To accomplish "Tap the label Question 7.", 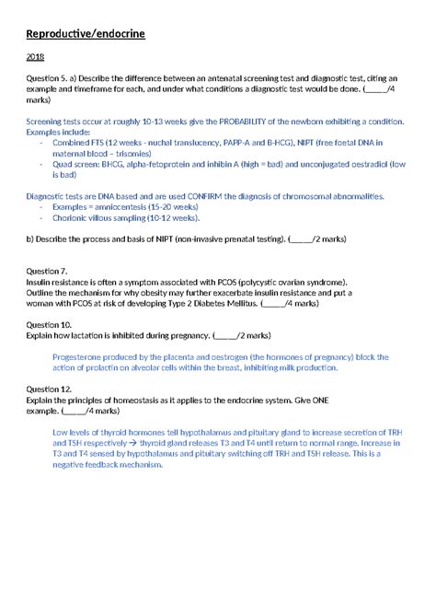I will click(47, 272).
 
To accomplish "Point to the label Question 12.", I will click(49, 390).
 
